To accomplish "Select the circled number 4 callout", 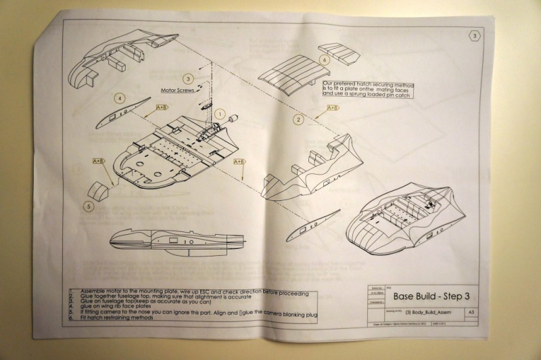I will [x=120, y=98].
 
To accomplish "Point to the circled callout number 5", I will [x=88, y=206].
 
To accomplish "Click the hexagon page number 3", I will [x=475, y=35].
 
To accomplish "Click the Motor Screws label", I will [x=177, y=90].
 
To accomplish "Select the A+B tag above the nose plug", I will [x=99, y=160].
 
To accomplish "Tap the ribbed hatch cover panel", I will [x=283, y=74].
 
